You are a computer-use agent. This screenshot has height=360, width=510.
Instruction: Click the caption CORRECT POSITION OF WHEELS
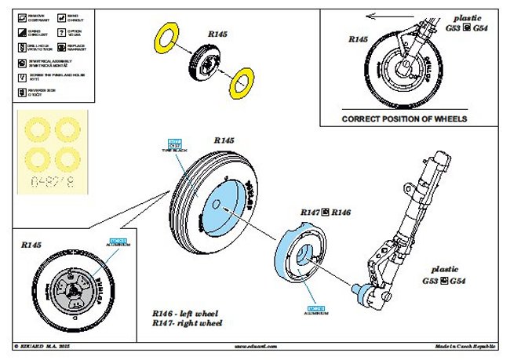(404, 119)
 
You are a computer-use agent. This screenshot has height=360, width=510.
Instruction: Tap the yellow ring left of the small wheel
(166, 35)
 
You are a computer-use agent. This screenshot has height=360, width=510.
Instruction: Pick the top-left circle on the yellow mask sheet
(34, 130)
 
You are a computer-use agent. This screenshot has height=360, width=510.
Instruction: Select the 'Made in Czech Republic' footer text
(466, 345)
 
